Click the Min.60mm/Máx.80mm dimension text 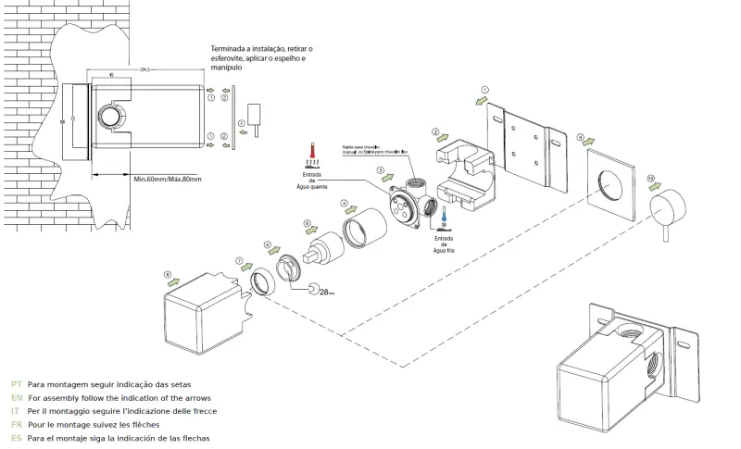coord(167,179)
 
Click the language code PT coord(17,383)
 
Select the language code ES coord(17,437)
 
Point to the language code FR coord(17,423)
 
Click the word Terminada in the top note coord(229,48)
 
